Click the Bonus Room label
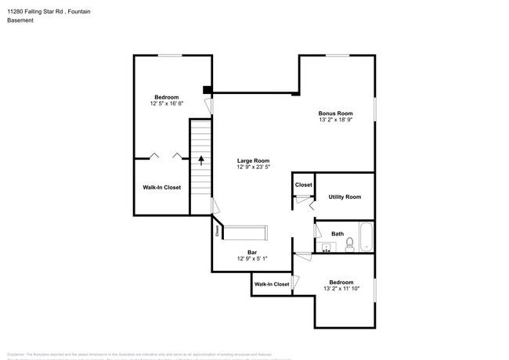[x=334, y=113]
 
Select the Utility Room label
[x=344, y=196]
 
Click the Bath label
[x=338, y=233]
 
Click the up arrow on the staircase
[x=201, y=160]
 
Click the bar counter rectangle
[x=246, y=233]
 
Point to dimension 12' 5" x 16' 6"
[x=166, y=103]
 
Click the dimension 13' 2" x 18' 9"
[x=334, y=121]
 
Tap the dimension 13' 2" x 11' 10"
[x=341, y=289]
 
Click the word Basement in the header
[x=20, y=20]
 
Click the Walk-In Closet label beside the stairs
[x=161, y=187]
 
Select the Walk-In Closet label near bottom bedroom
[x=271, y=283]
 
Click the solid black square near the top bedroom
[x=207, y=89]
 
